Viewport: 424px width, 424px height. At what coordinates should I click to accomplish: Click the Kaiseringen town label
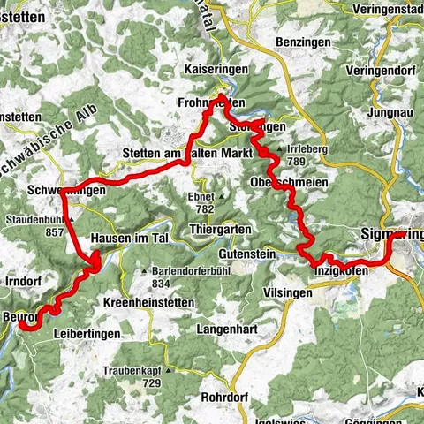[193, 68]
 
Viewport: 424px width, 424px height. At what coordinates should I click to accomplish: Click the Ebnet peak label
[206, 197]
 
